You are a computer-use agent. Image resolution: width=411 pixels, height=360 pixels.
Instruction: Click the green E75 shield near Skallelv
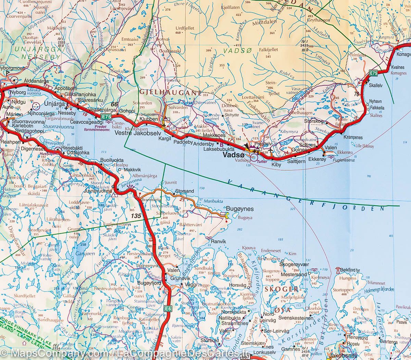pyautogui.click(x=373, y=73)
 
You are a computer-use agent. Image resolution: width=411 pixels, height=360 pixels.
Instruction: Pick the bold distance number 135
pyautogui.click(x=136, y=216)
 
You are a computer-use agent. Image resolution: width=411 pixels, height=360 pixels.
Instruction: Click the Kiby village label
pyautogui.click(x=276, y=165)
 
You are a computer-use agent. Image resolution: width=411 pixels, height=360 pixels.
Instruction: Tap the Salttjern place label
pyautogui.click(x=296, y=161)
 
